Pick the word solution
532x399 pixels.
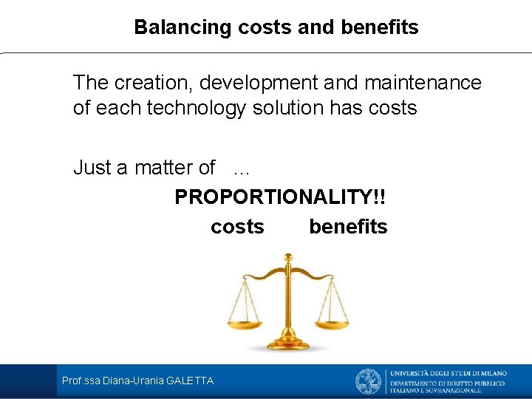point(288,108)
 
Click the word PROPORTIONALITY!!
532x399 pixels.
point(280,198)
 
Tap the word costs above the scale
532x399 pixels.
point(237,227)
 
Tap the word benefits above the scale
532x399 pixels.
point(348,227)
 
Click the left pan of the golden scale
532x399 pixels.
point(244,322)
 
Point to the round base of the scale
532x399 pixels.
point(287,344)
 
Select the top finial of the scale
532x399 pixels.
point(287,258)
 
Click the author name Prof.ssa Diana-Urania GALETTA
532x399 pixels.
point(137,381)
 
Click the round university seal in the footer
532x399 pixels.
point(369,381)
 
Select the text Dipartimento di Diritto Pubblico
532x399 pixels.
point(448,383)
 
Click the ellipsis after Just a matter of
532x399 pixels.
point(241,169)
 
